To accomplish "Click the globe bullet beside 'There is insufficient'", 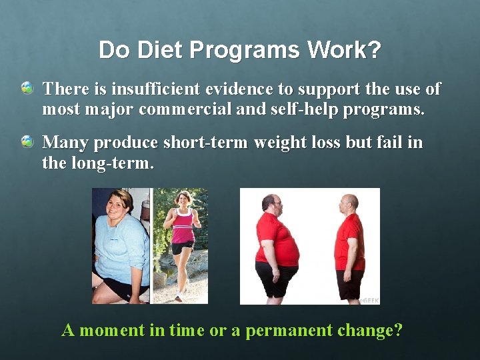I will point(27,88).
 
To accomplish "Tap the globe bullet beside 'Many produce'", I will point(27,141).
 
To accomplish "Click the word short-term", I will point(205,143).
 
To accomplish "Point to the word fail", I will point(379,143).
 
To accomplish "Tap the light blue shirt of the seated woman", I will point(120,247).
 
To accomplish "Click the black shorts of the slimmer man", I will point(349,283).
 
